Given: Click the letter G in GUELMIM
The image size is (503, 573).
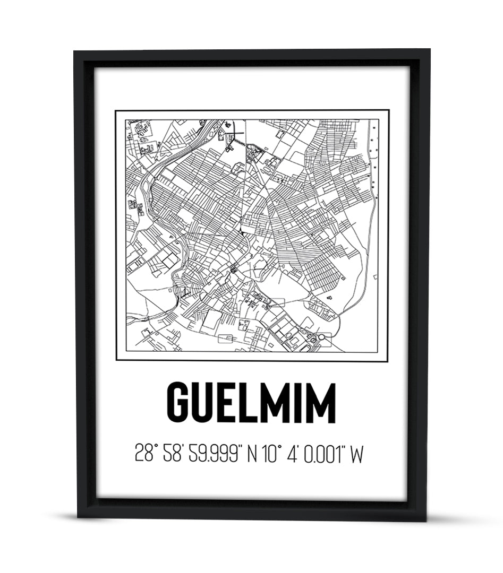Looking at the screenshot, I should click(x=181, y=403).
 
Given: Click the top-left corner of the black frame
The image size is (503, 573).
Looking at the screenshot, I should click(x=75, y=51).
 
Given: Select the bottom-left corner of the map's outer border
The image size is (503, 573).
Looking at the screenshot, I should click(x=116, y=361).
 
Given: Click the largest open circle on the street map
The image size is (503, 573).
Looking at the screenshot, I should click(x=321, y=337).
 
